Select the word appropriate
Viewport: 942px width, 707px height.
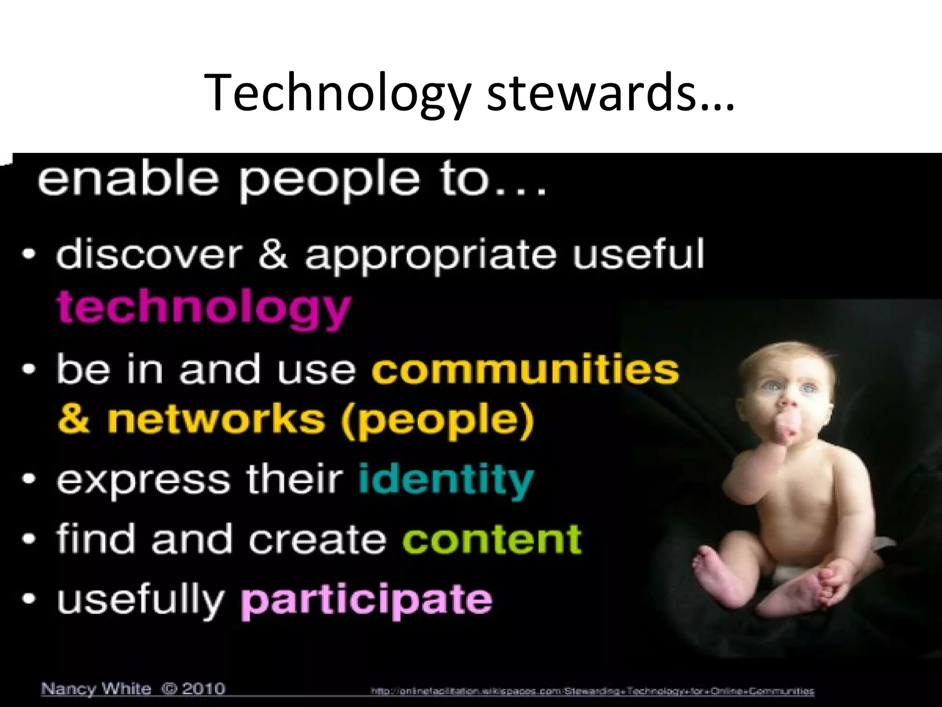(x=430, y=255)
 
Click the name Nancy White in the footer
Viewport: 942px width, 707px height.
(x=96, y=689)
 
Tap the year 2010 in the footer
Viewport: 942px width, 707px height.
(x=203, y=689)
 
